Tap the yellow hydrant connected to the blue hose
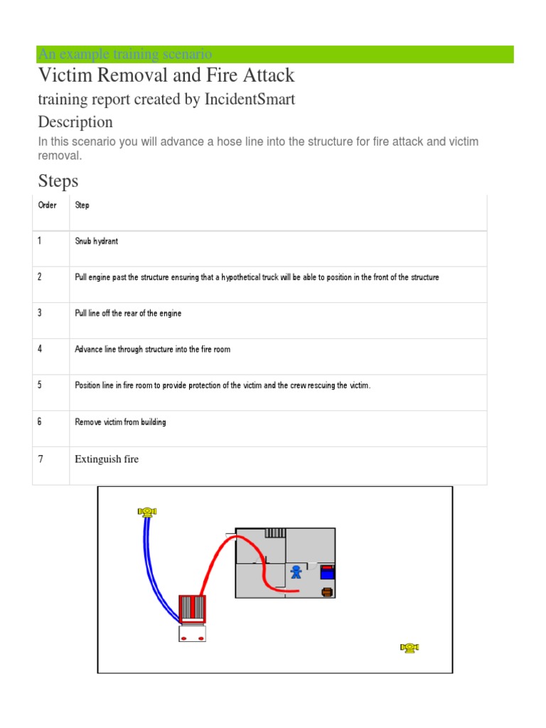147,511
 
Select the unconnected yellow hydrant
409,647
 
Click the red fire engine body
192,609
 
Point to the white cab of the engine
192,633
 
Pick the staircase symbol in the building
274,532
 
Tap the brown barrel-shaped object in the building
327,591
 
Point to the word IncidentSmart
250,100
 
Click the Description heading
75,122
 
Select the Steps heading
58,181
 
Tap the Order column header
47,205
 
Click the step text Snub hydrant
97,241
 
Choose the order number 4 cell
41,349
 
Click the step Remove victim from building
120,422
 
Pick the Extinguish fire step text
107,459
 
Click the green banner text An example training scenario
125,54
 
